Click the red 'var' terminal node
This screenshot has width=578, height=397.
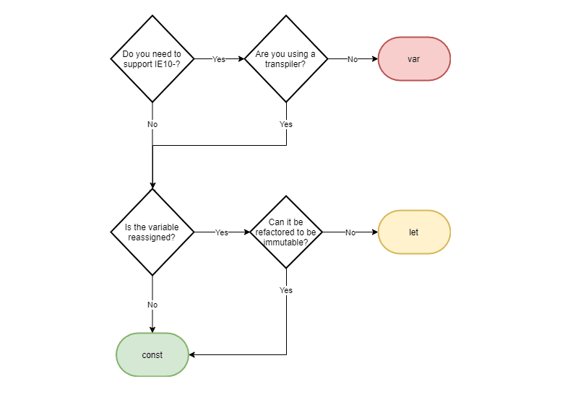point(414,59)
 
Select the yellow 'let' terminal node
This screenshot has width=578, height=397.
point(414,232)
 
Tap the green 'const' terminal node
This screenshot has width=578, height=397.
point(152,354)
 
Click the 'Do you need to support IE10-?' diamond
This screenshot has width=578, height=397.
point(152,59)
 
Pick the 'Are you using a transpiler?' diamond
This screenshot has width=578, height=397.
point(286,59)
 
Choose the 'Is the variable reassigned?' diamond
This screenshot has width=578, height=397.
point(152,232)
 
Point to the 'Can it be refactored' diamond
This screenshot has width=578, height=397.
point(286,232)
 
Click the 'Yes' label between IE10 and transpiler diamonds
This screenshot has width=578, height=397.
point(219,59)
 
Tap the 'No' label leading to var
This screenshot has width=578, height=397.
point(353,59)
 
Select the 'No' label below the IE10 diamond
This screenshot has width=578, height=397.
point(152,124)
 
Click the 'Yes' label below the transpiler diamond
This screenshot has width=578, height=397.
point(286,124)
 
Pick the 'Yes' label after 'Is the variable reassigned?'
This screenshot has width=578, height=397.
point(222,232)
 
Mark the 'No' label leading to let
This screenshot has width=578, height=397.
point(350,232)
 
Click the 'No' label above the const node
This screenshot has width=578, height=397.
point(152,305)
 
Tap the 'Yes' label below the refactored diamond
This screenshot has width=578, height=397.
point(286,290)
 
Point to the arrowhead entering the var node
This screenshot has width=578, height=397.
point(375,59)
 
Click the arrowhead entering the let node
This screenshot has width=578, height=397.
point(375,232)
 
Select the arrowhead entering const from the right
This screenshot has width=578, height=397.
point(191,354)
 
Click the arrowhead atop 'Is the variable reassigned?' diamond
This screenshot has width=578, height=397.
point(152,186)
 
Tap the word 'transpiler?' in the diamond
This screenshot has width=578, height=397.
point(285,64)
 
